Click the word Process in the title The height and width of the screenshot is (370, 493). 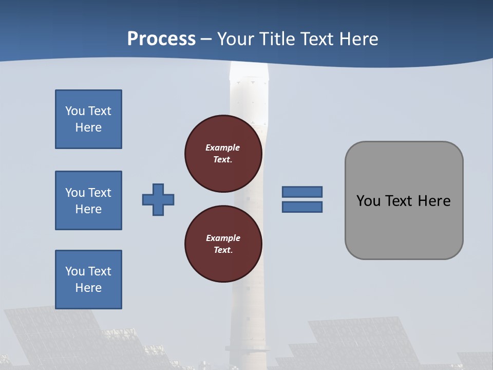(x=161, y=39)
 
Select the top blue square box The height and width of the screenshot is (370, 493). (x=88, y=119)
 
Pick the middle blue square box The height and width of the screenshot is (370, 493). (x=88, y=200)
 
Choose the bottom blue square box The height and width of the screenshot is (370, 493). (x=88, y=280)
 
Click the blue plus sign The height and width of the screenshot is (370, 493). (x=158, y=199)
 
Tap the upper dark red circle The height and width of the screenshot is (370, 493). (x=223, y=154)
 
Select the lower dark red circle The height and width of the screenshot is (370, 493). (x=223, y=244)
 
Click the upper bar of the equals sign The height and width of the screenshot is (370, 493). (x=302, y=192)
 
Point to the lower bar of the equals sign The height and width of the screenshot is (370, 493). (x=302, y=207)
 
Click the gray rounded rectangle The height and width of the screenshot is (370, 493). (x=404, y=226)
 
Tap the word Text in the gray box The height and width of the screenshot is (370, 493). (x=399, y=201)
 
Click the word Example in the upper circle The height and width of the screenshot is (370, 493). (x=222, y=147)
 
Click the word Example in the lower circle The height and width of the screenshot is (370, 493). (x=223, y=238)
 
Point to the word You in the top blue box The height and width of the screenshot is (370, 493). (x=74, y=111)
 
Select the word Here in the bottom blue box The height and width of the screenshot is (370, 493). (x=88, y=288)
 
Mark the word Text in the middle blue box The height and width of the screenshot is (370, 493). (x=100, y=193)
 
